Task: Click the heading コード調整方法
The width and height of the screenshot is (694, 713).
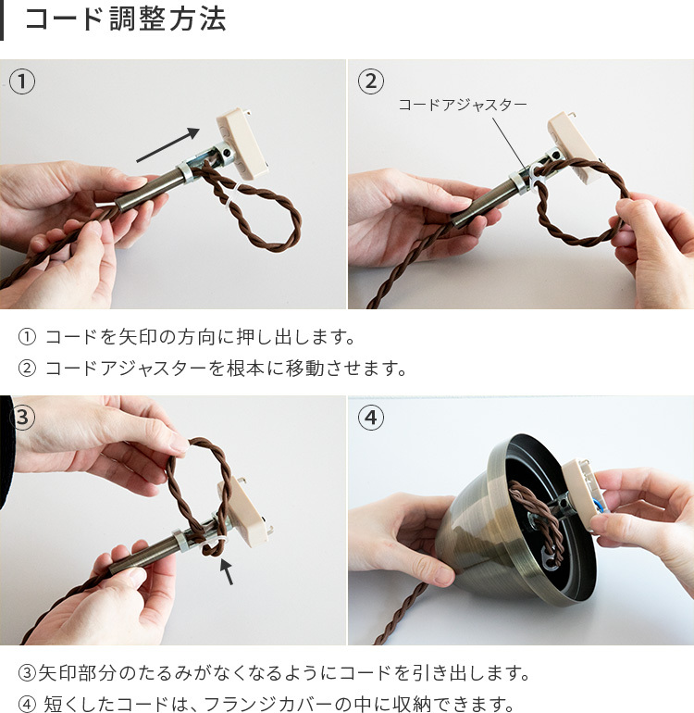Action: tap(125, 20)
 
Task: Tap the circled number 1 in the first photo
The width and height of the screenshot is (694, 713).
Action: tap(22, 81)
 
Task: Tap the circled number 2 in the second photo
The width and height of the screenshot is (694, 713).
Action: tap(370, 81)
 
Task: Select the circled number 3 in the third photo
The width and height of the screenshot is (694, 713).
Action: tap(22, 418)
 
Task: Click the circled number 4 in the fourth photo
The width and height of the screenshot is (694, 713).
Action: tap(370, 418)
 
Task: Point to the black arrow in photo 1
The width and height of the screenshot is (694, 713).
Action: tap(167, 145)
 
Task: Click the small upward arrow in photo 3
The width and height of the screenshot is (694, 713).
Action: tap(226, 572)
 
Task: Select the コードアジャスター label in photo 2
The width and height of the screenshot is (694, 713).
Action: tap(462, 105)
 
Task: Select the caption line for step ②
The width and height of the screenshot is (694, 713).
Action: tap(213, 369)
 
